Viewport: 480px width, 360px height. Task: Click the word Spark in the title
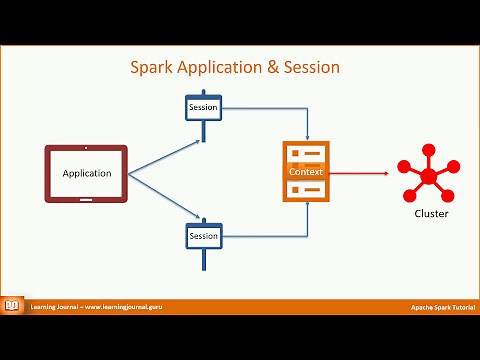152,68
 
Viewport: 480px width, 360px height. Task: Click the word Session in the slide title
312,68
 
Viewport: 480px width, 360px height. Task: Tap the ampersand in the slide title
271,68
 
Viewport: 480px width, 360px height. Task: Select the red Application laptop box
87,174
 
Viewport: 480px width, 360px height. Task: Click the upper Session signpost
203,107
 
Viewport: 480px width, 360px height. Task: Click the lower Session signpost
203,236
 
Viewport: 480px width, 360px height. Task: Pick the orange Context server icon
306,172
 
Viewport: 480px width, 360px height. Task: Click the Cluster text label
431,214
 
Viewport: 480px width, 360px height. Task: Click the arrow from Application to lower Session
165,194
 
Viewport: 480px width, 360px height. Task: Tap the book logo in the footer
13,305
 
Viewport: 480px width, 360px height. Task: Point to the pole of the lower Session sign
203,259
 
